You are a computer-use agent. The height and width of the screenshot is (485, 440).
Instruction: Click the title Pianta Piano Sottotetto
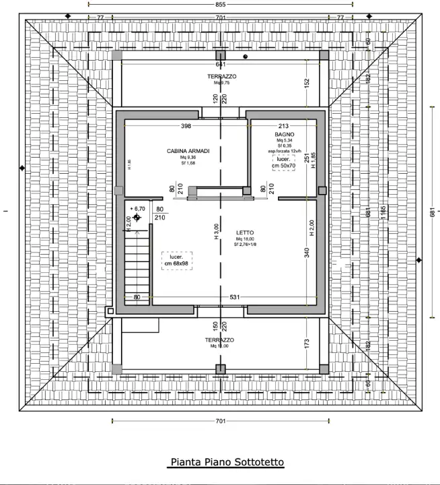point(227,462)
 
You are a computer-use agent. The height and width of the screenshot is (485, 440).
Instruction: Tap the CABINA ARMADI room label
point(184,151)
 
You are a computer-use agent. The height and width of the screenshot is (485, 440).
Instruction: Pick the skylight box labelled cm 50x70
point(283,162)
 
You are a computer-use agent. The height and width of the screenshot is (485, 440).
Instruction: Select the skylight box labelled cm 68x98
point(177,261)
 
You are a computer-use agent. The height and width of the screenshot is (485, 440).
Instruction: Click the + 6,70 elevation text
point(140,209)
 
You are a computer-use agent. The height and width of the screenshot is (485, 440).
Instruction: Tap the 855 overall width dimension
point(220,5)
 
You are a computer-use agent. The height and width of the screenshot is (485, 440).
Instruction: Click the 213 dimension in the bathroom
point(283,126)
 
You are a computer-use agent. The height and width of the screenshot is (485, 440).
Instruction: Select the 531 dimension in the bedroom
point(234,297)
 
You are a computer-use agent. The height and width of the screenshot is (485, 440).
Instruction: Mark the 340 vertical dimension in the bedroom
point(306,253)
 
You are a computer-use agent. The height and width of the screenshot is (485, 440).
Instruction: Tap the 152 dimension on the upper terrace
point(306,83)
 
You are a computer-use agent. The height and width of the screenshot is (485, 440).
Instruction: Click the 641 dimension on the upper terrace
point(220,65)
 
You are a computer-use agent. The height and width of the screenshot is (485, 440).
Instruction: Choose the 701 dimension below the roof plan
point(220,421)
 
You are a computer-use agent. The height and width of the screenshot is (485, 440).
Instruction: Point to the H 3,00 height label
point(217,232)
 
